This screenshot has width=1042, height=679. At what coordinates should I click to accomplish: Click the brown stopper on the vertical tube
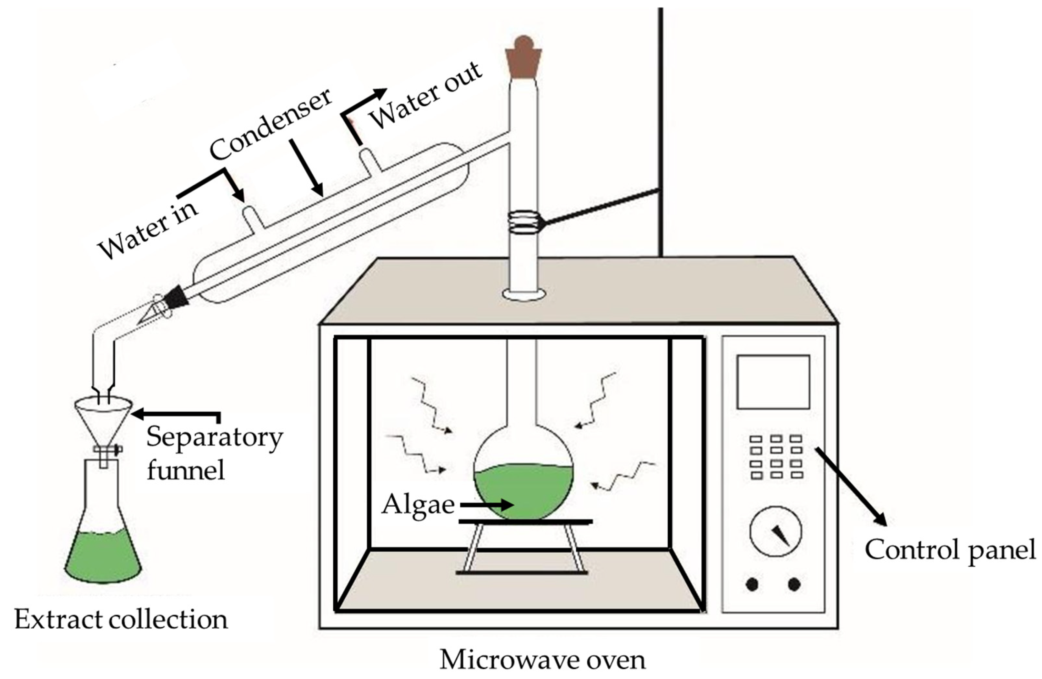[x=524, y=61]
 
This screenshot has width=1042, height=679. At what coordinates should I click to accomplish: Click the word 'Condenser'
[x=270, y=125]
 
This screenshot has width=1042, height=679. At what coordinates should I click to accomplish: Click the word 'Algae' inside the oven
[x=418, y=505]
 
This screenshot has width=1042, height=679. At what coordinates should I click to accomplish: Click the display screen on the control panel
[x=773, y=382]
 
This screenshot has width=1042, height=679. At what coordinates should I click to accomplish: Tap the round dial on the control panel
[x=776, y=532]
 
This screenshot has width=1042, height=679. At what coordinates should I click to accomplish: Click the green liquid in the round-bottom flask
[x=523, y=490]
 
